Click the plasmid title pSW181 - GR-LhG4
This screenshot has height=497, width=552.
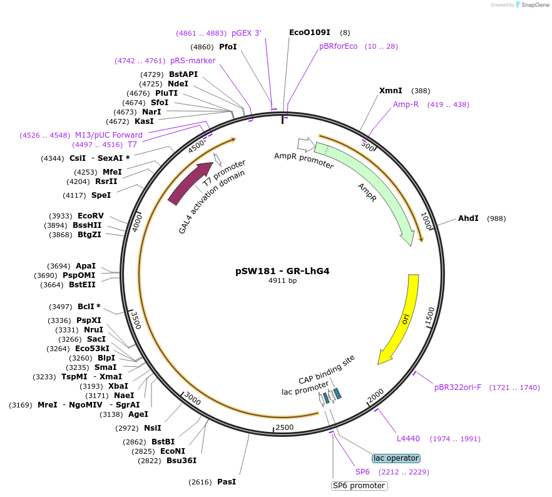pyautogui.click(x=282, y=271)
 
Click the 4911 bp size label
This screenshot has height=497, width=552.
pyautogui.click(x=282, y=281)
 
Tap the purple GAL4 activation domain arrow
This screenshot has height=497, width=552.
pyautogui.click(x=189, y=183)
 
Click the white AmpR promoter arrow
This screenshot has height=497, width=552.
pyautogui.click(x=305, y=145)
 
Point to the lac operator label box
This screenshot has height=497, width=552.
pyautogui.click(x=396, y=458)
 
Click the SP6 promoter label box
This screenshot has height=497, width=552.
pyautogui.click(x=359, y=486)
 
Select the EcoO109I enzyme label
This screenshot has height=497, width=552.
pyautogui.click(x=309, y=32)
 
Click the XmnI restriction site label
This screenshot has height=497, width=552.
pyautogui.click(x=391, y=91)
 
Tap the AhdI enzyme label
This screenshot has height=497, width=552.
pyautogui.click(x=468, y=218)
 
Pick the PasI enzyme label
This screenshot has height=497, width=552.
pyautogui.click(x=227, y=482)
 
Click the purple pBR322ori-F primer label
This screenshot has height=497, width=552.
pyautogui.click(x=458, y=387)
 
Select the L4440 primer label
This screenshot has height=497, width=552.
pyautogui.click(x=408, y=439)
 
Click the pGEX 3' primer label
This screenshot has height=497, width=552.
pyautogui.click(x=246, y=33)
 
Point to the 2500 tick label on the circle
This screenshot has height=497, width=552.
pyautogui.click(x=284, y=427)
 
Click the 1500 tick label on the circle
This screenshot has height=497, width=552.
pyautogui.click(x=429, y=316)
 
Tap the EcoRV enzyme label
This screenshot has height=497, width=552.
pyautogui.click(x=91, y=215)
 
